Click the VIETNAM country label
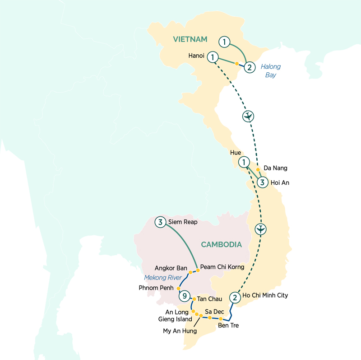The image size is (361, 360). [190, 40]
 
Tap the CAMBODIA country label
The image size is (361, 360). [222, 245]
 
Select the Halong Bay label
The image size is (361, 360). [271, 70]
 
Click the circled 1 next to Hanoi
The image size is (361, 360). [212, 57]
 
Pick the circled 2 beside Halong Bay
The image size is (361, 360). [249, 68]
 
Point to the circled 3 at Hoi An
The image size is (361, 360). [262, 182]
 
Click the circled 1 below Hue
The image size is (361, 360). [244, 161]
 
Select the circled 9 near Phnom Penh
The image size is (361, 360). [184, 296]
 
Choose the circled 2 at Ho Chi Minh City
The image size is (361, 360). [234, 297]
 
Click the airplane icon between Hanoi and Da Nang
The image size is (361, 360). [248, 117]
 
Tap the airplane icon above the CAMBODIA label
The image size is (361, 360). [260, 229]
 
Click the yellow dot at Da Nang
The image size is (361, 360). [258, 170]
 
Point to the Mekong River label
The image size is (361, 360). [163, 278]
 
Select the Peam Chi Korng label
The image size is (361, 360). [222, 267]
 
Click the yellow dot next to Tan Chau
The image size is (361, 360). [194, 299]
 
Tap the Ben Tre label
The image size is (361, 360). [228, 325]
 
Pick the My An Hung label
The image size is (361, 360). [180, 331]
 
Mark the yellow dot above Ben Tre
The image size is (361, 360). [220, 319]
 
